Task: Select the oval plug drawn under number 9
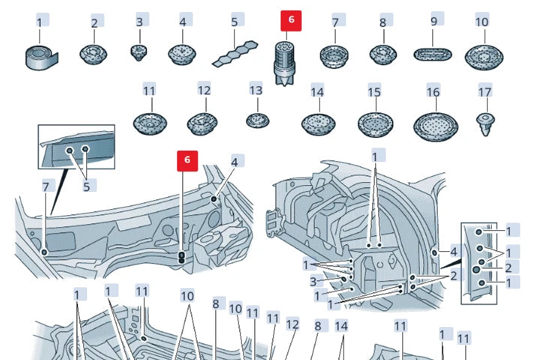pyautogui.click(x=433, y=53)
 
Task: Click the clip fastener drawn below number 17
pyautogui.click(x=484, y=123)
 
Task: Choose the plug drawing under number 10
pyautogui.click(x=482, y=55)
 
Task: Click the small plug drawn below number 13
pyautogui.click(x=256, y=119)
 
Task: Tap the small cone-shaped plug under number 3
pyautogui.click(x=140, y=51)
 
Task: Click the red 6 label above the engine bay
pyautogui.click(x=187, y=159)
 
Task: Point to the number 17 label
pyautogui.click(x=484, y=91)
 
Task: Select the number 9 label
pyautogui.click(x=433, y=22)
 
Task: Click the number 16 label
pyautogui.click(x=433, y=91)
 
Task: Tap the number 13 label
pyautogui.click(x=256, y=91)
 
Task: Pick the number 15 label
pyautogui.click(x=374, y=91)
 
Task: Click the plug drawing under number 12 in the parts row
pyautogui.click(x=203, y=122)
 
